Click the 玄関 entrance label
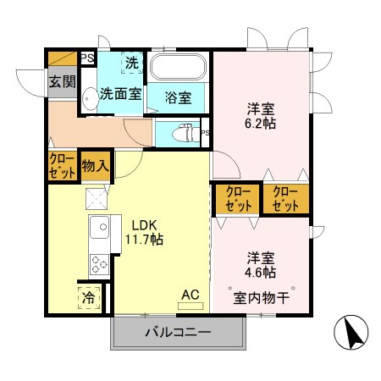click(x=60, y=82)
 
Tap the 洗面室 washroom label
click(x=120, y=94)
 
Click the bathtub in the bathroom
click(x=178, y=68)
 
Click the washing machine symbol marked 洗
click(x=131, y=62)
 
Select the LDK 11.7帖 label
click(x=146, y=232)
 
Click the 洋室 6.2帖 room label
click(x=260, y=116)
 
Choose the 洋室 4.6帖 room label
click(x=261, y=264)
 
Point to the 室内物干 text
click(x=262, y=297)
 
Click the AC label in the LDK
click(x=190, y=295)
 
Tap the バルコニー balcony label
click(x=176, y=331)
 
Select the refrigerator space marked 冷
click(x=89, y=297)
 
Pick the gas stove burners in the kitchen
click(x=98, y=264)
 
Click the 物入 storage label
click(x=95, y=166)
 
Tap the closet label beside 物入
click(x=62, y=165)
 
